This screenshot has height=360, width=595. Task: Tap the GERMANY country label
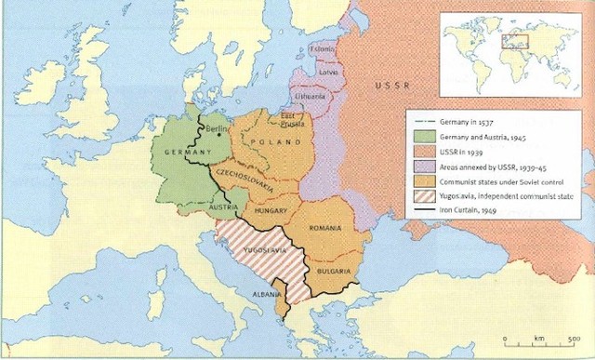[184, 152]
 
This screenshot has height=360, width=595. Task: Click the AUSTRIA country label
[226, 207]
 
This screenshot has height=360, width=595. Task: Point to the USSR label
[390, 86]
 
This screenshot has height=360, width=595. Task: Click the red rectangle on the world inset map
[515, 41]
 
